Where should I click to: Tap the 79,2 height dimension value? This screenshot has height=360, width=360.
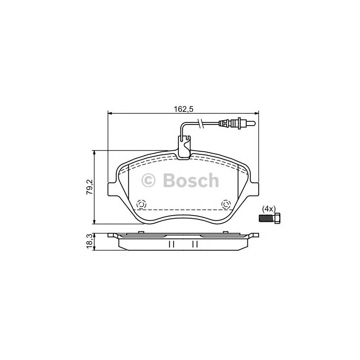[x=90, y=187]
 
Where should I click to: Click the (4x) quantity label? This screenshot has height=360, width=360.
[x=268, y=209]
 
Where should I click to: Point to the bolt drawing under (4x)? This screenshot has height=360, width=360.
[x=269, y=218]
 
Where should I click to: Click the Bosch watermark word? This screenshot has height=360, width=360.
[x=191, y=180]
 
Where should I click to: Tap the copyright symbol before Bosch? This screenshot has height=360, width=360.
[x=149, y=180]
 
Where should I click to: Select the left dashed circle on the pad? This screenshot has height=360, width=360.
[x=141, y=204]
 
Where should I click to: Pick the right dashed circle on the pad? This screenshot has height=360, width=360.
[x=226, y=204]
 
